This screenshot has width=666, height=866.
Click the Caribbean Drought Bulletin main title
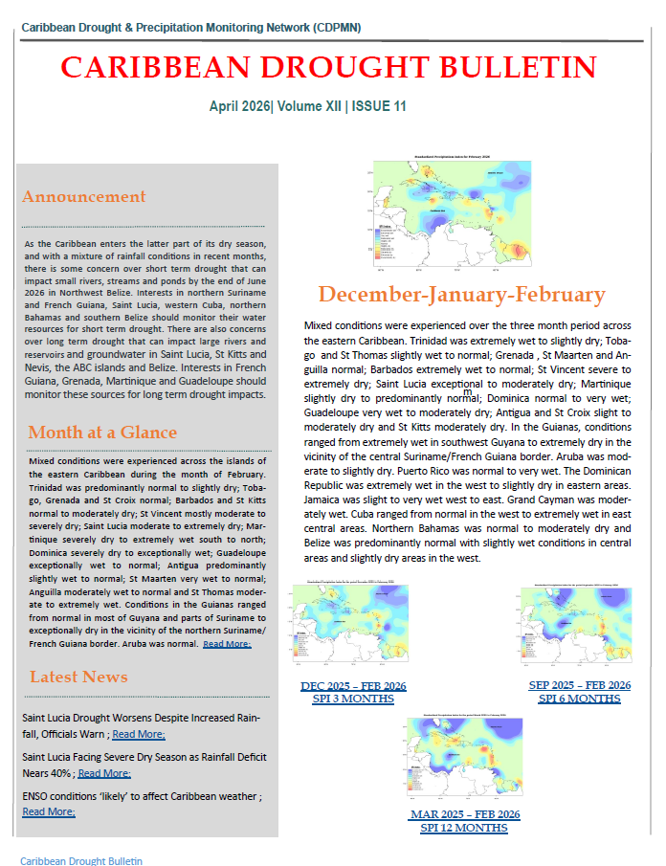pyautogui.click(x=328, y=67)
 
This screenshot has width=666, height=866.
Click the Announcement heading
pyautogui.click(x=84, y=197)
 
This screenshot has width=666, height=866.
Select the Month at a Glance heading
pyautogui.click(x=102, y=433)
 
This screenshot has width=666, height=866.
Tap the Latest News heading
pyautogui.click(x=78, y=677)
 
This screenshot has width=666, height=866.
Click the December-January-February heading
pyautogui.click(x=461, y=295)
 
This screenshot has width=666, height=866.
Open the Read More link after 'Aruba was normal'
pyautogui.click(x=227, y=644)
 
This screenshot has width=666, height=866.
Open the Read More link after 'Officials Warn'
pyautogui.click(x=139, y=735)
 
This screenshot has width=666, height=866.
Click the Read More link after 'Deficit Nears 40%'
pyautogui.click(x=104, y=773)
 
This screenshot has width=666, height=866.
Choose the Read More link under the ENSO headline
pyautogui.click(x=48, y=811)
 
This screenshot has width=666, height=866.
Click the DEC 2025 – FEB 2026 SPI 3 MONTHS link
pyautogui.click(x=353, y=692)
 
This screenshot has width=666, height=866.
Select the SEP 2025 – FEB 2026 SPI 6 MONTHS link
pyautogui.click(x=579, y=692)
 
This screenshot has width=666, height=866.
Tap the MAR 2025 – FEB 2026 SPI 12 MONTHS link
pyautogui.click(x=465, y=821)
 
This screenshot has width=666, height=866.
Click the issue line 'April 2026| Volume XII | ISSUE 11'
pyautogui.click(x=308, y=107)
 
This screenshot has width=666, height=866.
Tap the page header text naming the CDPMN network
pyautogui.click(x=190, y=28)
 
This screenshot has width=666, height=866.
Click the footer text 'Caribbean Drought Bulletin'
pyautogui.click(x=81, y=860)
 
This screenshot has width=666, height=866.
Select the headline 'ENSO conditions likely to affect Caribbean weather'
pyautogui.click(x=140, y=796)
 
